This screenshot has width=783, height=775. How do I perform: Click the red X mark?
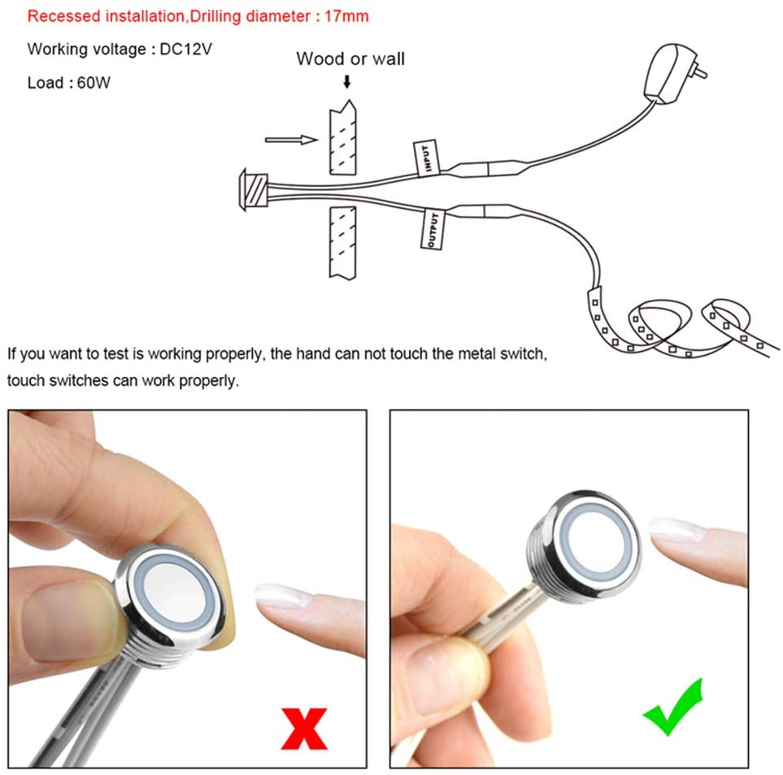[x=304, y=729]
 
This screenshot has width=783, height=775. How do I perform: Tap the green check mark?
[x=673, y=708]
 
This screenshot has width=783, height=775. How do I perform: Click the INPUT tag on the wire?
[x=426, y=158]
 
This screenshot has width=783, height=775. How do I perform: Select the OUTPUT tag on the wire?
[x=433, y=229]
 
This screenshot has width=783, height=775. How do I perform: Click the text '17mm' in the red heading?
[x=346, y=16]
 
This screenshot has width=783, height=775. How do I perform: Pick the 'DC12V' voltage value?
[x=185, y=49]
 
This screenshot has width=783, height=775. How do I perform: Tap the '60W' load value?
[x=94, y=82]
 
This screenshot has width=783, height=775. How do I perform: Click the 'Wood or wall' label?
[x=350, y=58]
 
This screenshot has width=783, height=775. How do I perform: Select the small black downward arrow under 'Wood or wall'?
[x=346, y=81]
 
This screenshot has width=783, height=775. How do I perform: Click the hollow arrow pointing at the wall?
[x=291, y=140]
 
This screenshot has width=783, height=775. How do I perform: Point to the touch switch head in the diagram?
[x=253, y=189]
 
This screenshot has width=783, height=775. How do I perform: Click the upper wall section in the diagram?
[x=343, y=138]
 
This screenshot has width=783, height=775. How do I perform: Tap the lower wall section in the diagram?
[x=342, y=243]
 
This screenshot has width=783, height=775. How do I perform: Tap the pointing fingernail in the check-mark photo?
[x=677, y=530]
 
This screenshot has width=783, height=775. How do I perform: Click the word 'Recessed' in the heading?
[x=64, y=16]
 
